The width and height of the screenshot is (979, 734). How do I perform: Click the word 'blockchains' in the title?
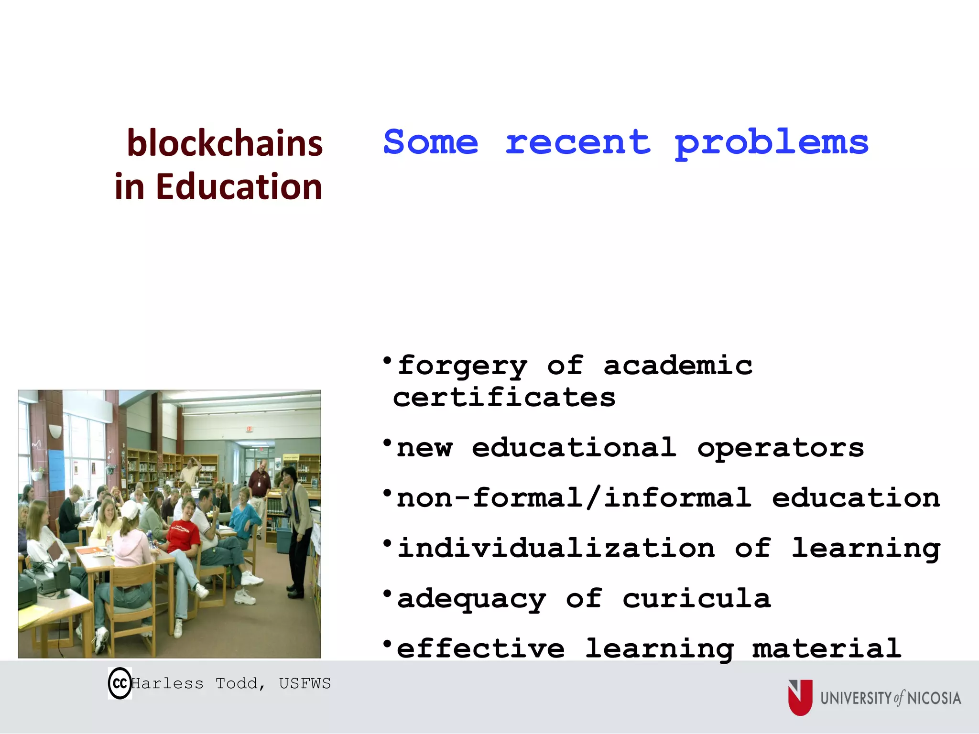[225, 143]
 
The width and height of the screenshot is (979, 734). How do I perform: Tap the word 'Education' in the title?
[239, 186]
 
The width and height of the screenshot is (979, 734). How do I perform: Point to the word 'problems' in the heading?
[771, 143]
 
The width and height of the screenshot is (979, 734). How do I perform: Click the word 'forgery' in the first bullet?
[462, 367]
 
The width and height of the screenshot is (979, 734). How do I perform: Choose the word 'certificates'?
[504, 398]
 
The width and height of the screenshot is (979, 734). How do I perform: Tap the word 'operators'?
[781, 448]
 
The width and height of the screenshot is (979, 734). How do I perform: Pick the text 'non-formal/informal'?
[574, 498]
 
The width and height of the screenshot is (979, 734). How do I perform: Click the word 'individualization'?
[556, 548]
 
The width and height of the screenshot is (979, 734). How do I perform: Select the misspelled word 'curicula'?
[696, 598]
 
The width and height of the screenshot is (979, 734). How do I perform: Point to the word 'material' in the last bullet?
[827, 648]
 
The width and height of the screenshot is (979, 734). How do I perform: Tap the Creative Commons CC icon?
[120, 683]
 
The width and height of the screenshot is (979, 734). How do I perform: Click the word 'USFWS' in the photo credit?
[305, 683]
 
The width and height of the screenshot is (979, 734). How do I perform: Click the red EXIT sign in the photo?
[249, 429]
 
